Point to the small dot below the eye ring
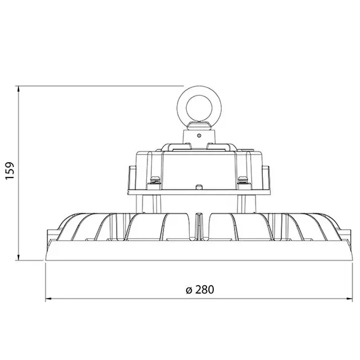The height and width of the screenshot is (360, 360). [198, 130]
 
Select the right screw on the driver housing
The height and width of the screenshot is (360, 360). [243, 179]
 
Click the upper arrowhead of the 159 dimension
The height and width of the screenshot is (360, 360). [20, 90]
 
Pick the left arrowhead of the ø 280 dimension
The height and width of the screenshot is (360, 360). [49, 300]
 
